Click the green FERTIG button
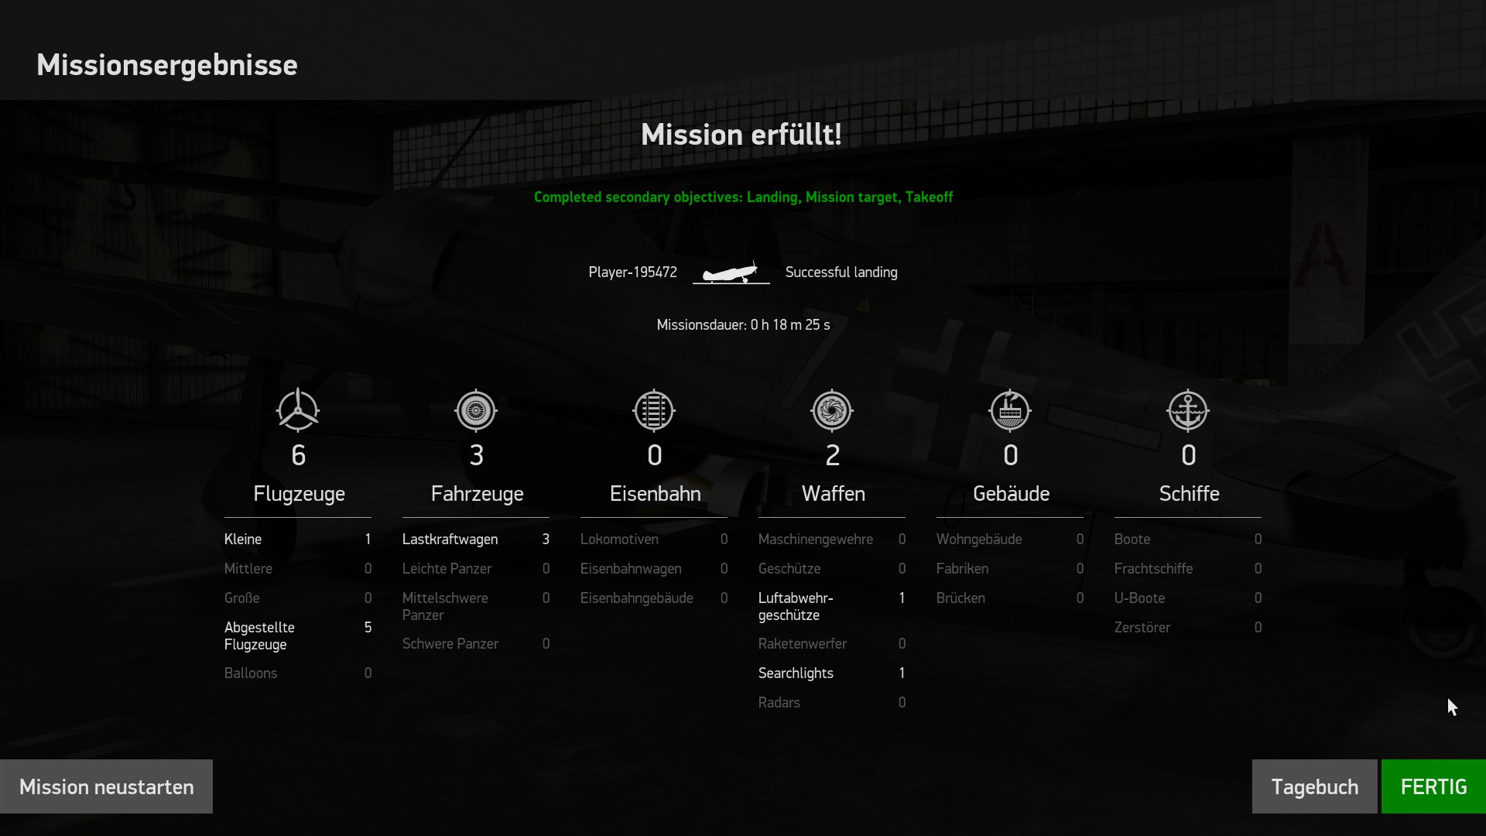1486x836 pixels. click(x=1433, y=786)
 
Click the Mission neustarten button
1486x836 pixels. click(x=107, y=786)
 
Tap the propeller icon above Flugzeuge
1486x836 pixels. click(x=298, y=410)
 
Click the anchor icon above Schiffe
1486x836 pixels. click(x=1188, y=410)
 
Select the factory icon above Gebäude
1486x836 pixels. click(x=1010, y=410)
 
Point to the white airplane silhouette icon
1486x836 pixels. click(x=731, y=272)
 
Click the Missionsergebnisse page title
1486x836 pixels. click(x=167, y=65)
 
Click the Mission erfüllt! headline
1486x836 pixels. click(x=741, y=135)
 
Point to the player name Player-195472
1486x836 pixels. click(x=632, y=272)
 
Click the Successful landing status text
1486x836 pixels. click(x=841, y=272)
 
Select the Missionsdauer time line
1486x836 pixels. click(x=743, y=325)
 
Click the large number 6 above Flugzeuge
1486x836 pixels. click(x=299, y=455)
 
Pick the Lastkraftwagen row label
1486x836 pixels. click(x=450, y=540)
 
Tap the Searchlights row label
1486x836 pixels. click(x=796, y=673)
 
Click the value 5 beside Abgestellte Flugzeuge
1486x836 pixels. click(x=368, y=628)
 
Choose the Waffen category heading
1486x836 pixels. click(x=833, y=494)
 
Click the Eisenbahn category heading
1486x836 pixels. click(x=655, y=494)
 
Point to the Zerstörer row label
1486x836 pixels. click(x=1142, y=628)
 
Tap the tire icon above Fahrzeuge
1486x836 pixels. click(x=476, y=410)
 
